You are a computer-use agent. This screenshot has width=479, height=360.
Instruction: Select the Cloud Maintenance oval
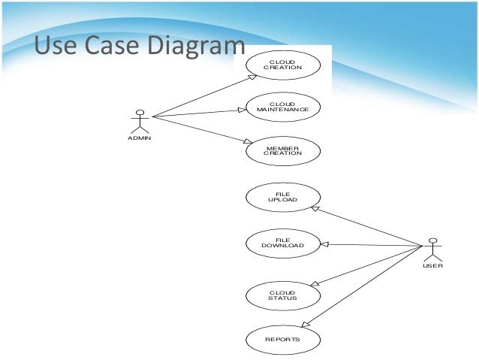click(x=283, y=107)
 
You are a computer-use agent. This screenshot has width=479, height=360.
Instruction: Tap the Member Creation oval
click(x=283, y=150)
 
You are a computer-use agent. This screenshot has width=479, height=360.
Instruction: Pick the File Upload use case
click(x=283, y=198)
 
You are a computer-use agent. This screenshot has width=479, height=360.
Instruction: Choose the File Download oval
click(x=283, y=243)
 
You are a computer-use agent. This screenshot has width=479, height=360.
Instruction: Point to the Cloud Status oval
click(x=283, y=295)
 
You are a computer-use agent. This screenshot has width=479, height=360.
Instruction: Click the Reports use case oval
click(x=283, y=339)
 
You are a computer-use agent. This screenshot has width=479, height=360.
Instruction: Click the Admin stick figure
click(x=139, y=122)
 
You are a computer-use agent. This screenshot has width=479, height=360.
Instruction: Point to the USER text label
click(x=432, y=266)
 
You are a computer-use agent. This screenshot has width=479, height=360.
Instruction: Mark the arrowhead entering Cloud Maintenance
click(x=243, y=109)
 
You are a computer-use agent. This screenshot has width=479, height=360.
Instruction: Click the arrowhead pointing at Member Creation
click(x=243, y=141)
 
